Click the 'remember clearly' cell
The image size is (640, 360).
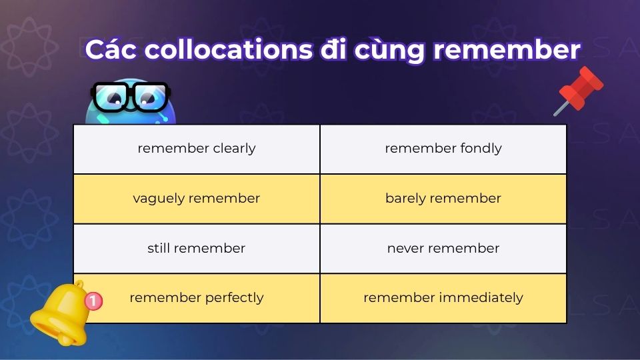197,149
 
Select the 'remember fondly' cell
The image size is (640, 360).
443,149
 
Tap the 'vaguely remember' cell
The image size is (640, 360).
197,199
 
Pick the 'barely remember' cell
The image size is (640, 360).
443,199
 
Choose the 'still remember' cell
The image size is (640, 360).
197,249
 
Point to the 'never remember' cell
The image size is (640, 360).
443,249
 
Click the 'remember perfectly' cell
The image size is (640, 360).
197,298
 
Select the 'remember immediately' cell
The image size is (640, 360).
443,298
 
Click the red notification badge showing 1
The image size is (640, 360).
94,301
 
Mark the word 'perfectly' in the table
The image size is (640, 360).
234,298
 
